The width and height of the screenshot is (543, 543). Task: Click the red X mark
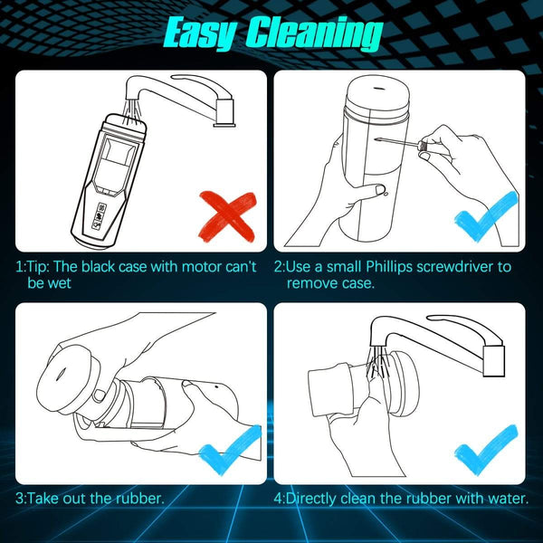tap(227, 215)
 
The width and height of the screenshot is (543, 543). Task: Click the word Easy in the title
tap(201, 33)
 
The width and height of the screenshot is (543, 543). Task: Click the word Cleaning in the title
tap(314, 33)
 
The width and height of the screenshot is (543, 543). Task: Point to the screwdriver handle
tap(422, 145)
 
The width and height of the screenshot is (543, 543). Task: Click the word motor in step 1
tap(202, 267)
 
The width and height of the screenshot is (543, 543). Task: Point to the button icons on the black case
tap(100, 215)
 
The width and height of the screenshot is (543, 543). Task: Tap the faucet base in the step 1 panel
tap(224, 113)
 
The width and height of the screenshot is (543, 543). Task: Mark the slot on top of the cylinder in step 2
tap(378, 88)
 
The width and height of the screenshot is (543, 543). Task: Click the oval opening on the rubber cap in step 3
tap(61, 373)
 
